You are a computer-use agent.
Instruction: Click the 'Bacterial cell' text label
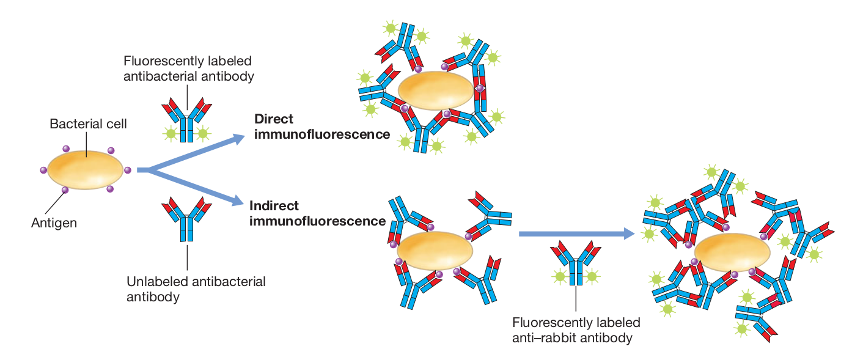(88, 124)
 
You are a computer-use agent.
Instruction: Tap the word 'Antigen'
(54, 223)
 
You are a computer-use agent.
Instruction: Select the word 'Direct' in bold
(274, 119)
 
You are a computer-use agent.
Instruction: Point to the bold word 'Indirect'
(274, 206)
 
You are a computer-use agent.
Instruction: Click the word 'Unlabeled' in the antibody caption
(157, 282)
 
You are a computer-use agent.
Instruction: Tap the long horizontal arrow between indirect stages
(575, 233)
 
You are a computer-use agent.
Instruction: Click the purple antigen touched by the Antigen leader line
(65, 190)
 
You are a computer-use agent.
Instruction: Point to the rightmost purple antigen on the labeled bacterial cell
(127, 170)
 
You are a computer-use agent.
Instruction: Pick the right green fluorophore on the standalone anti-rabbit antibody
(592, 277)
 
